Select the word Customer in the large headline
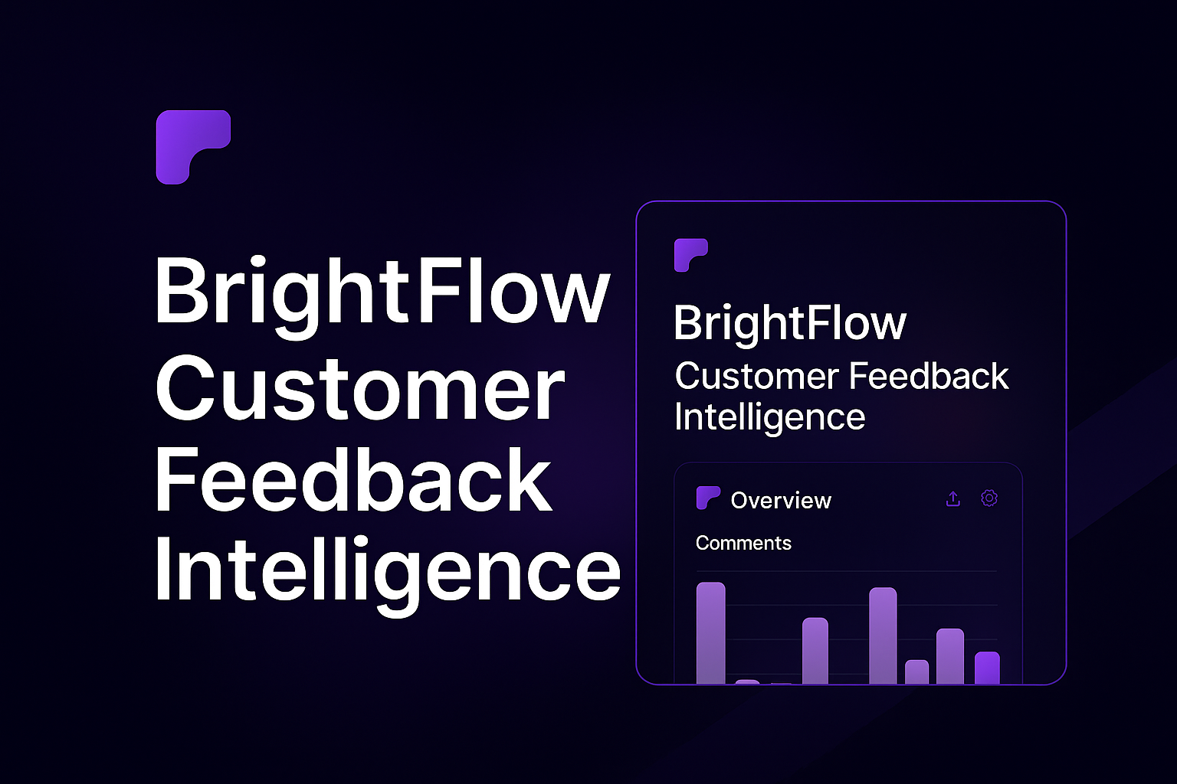pyautogui.click(x=359, y=388)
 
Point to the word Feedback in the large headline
pyautogui.click(x=353, y=479)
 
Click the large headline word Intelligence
pyautogui.click(x=387, y=570)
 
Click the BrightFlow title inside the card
pyautogui.click(x=789, y=323)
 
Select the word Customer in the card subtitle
pyautogui.click(x=756, y=377)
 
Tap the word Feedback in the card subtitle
pyautogui.click(x=929, y=377)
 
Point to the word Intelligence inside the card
pyautogui.click(x=769, y=417)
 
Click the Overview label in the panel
pyautogui.click(x=781, y=501)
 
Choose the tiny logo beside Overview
pyautogui.click(x=707, y=498)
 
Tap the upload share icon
pyautogui.click(x=953, y=499)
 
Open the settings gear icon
pyautogui.click(x=989, y=498)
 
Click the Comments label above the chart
pyautogui.click(x=743, y=544)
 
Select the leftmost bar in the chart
pyautogui.click(x=710, y=632)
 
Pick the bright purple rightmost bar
pyautogui.click(x=987, y=668)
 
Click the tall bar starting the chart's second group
pyautogui.click(x=883, y=635)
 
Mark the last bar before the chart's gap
pyautogui.click(x=815, y=650)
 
